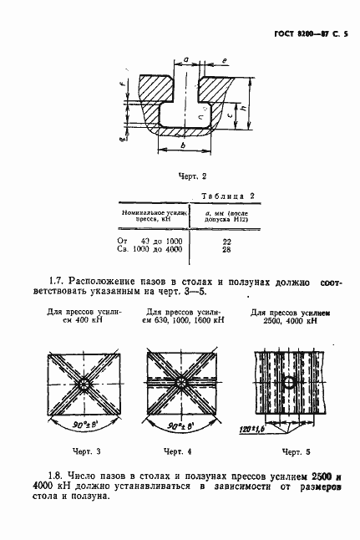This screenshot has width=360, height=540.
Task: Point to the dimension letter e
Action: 226,62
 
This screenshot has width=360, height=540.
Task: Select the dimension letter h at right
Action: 241,109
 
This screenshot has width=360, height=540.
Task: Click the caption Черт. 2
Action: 192,176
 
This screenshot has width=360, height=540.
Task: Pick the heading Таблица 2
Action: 228,196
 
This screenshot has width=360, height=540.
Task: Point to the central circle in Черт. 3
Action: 84,385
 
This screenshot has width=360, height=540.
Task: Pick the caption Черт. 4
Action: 179,451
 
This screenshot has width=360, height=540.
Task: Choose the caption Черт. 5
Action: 284,452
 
